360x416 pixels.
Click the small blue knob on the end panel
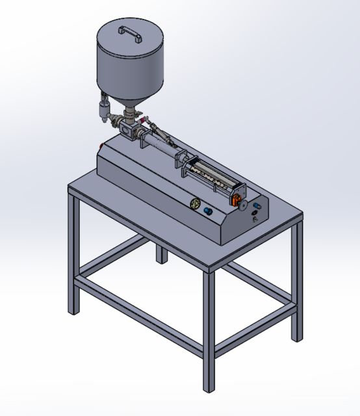(x=255, y=206)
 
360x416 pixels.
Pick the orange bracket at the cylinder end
(x=238, y=194)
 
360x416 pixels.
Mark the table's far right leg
(x=297, y=279)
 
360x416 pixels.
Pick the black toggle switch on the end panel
(x=254, y=218)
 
